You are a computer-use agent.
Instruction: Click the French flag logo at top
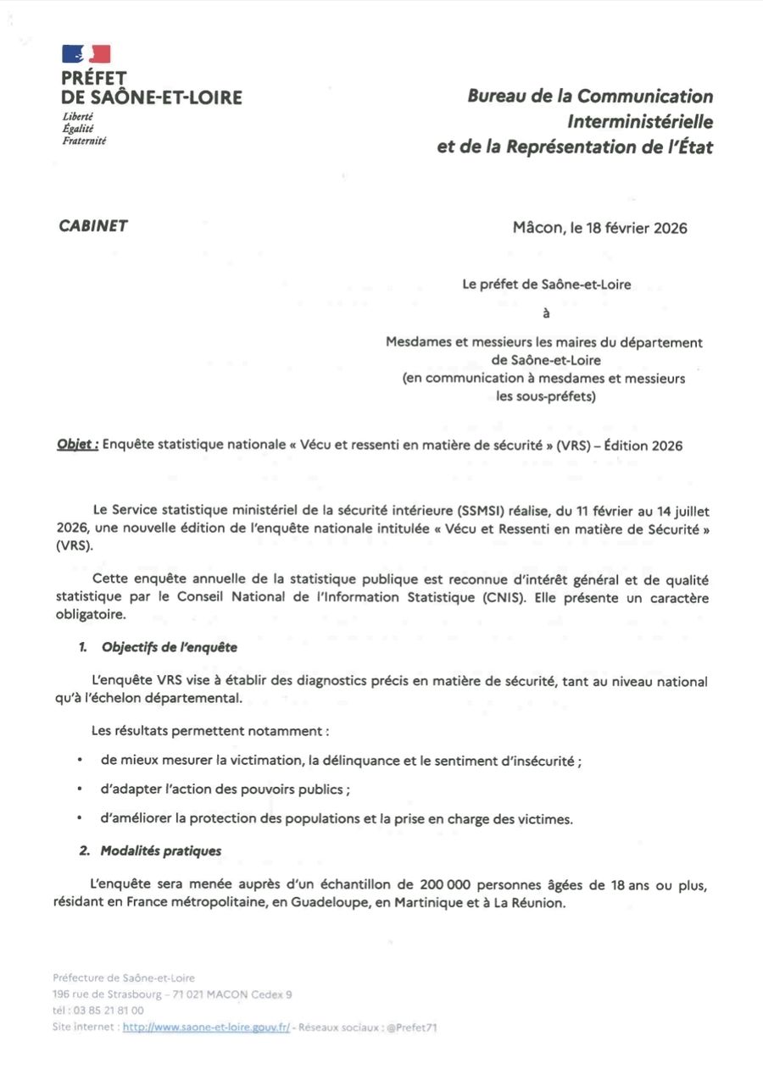tap(86, 54)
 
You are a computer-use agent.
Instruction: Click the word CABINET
tap(93, 225)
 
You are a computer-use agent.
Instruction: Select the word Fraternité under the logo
tap(84, 141)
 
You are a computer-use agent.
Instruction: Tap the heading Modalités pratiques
tap(161, 850)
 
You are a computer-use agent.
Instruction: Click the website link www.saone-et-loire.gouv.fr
tap(206, 1027)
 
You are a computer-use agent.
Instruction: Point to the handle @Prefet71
tap(411, 1027)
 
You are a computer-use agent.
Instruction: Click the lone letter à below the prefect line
tap(546, 313)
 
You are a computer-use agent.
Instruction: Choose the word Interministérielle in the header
tap(640, 122)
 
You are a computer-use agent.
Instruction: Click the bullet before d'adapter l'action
tap(79, 789)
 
